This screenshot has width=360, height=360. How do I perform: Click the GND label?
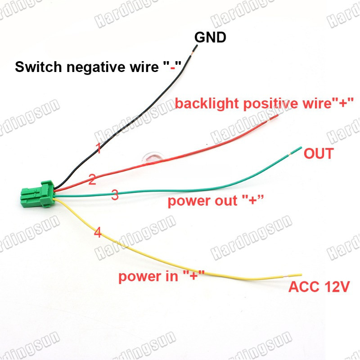point(210,37)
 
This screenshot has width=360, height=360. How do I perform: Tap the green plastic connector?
point(38,194)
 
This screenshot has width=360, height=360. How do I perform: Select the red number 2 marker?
point(92,179)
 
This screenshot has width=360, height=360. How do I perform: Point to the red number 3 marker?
point(115,194)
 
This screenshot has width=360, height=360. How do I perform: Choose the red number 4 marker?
point(98,232)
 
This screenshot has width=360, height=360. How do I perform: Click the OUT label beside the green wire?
point(319,153)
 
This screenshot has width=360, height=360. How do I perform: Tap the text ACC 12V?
point(319,287)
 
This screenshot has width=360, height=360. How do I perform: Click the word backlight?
point(207,103)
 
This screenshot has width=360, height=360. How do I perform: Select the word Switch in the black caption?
point(38,67)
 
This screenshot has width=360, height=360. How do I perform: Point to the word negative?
point(96,67)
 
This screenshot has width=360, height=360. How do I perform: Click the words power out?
point(202,201)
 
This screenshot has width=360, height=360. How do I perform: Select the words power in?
point(148,276)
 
